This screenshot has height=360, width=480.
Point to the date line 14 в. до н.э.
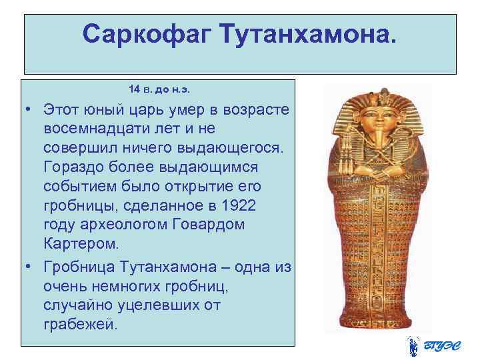point(163,89)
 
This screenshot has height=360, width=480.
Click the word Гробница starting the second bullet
point(79,268)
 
